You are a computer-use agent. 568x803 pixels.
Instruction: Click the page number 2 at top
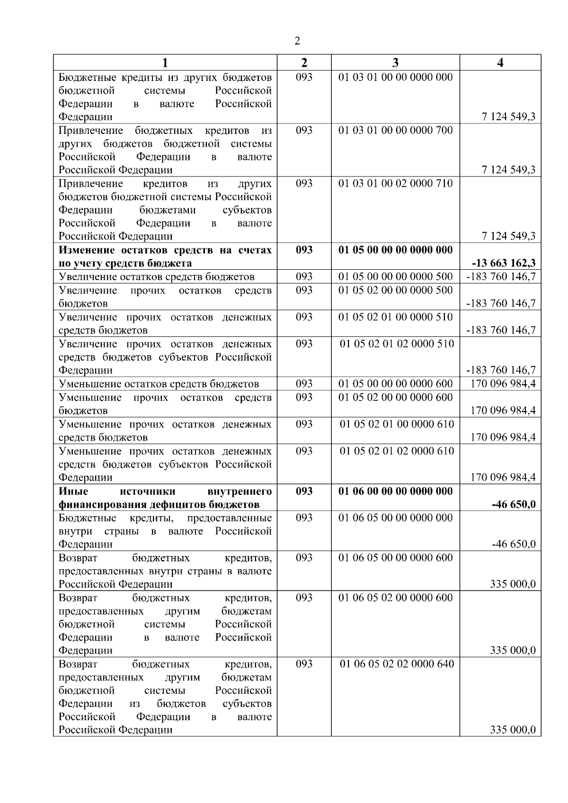(297, 41)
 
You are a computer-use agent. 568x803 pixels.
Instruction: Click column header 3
(395, 63)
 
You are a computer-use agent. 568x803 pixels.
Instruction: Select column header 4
(500, 63)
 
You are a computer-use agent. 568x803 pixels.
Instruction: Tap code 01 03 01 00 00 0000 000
(395, 77)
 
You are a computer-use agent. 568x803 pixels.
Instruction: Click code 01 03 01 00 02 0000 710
(395, 183)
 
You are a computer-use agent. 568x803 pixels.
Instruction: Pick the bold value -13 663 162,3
(504, 263)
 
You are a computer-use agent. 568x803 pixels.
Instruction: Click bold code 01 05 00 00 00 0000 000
(395, 250)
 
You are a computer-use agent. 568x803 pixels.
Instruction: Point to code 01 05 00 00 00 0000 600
(395, 384)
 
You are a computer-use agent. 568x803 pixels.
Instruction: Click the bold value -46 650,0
(514, 504)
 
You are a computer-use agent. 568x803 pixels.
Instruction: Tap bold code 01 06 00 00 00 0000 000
(395, 491)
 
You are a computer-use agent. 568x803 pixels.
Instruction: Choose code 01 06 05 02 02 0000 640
(397, 664)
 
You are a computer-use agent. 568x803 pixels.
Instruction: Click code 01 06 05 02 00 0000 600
(395, 598)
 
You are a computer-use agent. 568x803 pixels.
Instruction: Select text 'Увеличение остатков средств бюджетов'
(156, 277)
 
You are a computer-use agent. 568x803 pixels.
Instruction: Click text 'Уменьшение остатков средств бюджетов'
(159, 384)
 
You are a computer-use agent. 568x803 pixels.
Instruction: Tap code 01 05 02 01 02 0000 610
(397, 451)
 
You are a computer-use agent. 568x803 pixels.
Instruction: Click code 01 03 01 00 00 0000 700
(395, 130)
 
